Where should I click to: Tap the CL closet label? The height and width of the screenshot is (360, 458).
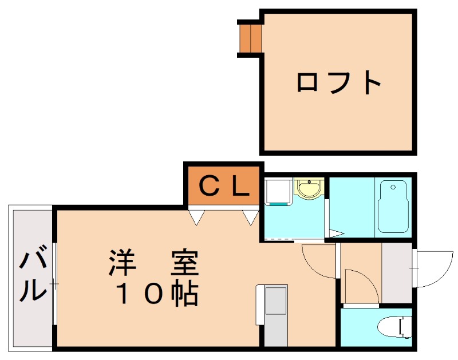point(224,186)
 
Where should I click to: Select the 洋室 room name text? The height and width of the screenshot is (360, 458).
point(154,264)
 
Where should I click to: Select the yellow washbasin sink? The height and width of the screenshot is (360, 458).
point(310,188)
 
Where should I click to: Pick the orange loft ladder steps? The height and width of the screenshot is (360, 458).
point(250,37)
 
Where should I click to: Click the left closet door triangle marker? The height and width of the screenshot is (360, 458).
point(197,217)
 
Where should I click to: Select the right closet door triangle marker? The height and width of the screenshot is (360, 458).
point(250,217)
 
